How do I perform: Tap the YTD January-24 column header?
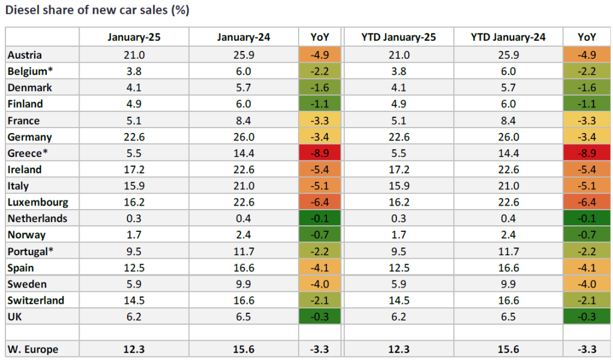pyautogui.click(x=508, y=37)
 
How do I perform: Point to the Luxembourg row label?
pyautogui.click(x=38, y=202)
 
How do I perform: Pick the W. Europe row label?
pyautogui.click(x=34, y=349)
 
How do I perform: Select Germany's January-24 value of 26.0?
pyautogui.click(x=244, y=137)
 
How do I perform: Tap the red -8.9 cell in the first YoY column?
pyautogui.click(x=319, y=153)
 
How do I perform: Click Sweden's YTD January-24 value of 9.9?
pyautogui.click(x=508, y=283)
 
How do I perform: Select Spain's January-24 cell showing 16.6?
pyautogui.click(x=244, y=267)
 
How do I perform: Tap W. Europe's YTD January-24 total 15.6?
pyautogui.click(x=508, y=349)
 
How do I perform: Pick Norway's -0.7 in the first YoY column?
pyautogui.click(x=319, y=234)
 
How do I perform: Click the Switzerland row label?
pyautogui.click(x=36, y=300)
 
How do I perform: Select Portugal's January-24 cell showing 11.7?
pyautogui.click(x=244, y=251)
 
